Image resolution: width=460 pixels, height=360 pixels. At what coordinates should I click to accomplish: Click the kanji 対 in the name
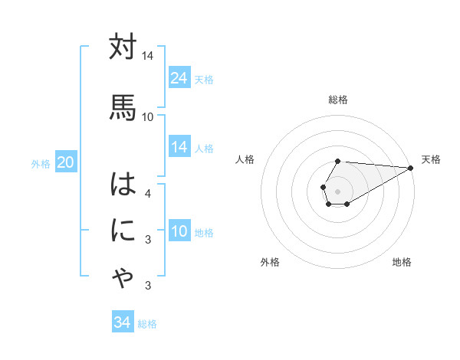click(123, 47)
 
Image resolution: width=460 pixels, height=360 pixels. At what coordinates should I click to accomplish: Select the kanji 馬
click(123, 106)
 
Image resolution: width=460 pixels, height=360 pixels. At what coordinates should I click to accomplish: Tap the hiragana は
click(123, 186)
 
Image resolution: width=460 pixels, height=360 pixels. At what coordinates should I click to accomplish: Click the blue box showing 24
click(179, 78)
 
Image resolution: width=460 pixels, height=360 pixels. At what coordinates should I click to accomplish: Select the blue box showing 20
click(65, 162)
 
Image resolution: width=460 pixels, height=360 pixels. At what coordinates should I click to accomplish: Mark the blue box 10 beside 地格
click(179, 231)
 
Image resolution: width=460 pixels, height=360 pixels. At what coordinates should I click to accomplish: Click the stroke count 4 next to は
click(148, 193)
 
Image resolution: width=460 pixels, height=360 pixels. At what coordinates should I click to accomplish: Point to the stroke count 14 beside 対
click(148, 56)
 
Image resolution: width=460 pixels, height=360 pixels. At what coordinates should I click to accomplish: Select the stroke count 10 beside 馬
click(148, 116)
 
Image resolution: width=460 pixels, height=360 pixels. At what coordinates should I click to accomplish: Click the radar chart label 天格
click(431, 159)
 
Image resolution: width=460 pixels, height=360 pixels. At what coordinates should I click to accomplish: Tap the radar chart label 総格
click(338, 100)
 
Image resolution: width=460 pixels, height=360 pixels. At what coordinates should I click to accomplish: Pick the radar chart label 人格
click(245, 159)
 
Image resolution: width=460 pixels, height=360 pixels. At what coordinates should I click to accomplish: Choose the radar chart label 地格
click(402, 262)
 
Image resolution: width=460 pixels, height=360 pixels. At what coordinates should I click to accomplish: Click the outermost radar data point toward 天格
click(412, 168)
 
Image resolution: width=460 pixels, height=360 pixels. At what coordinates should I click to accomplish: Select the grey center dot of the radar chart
click(337, 190)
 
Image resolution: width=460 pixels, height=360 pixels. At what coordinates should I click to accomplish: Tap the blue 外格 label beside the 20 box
click(41, 163)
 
